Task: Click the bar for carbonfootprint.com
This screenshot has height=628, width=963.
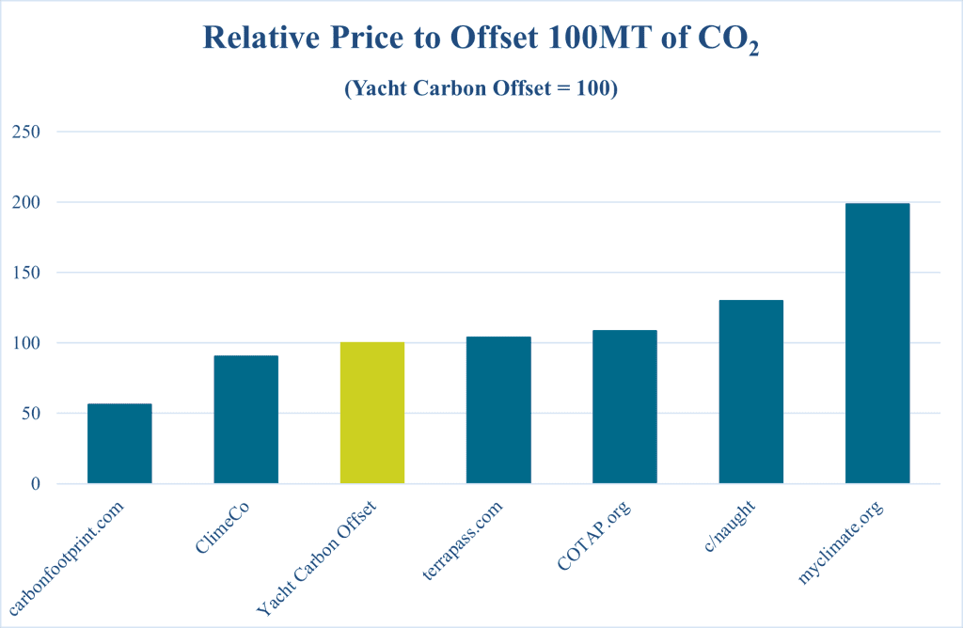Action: pos(119,444)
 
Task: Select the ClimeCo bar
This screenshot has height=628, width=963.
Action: pos(245,419)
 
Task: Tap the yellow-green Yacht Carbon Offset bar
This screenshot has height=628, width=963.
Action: pos(372,413)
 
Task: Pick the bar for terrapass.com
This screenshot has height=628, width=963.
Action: pos(498,410)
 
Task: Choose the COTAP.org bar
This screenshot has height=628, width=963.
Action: pos(624,407)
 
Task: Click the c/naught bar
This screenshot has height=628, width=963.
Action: pos(750,392)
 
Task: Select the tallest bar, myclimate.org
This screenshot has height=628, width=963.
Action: pos(877,343)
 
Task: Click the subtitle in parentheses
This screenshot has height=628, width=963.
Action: pos(481,90)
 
